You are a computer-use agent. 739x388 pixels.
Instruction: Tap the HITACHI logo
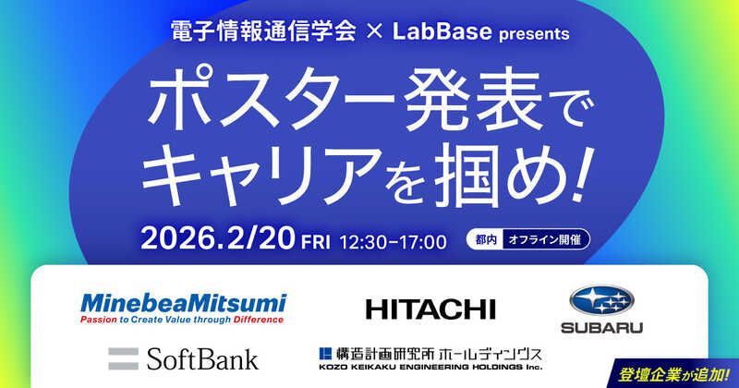[430, 309]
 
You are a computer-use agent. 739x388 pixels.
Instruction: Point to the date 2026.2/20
[218, 241]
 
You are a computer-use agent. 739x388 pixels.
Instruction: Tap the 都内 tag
[487, 239]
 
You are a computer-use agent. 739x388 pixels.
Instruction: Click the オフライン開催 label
[543, 239]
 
